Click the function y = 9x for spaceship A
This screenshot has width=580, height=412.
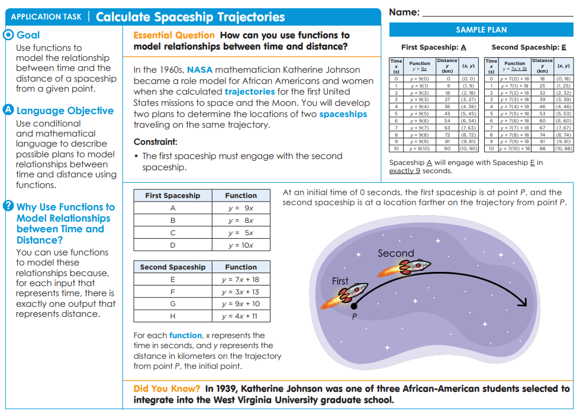(241, 208)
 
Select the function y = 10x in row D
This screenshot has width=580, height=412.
(241, 245)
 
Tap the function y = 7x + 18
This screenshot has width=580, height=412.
(240, 280)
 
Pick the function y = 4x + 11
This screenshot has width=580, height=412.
(240, 316)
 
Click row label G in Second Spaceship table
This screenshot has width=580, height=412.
(173, 304)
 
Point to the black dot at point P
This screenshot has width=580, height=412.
(354, 306)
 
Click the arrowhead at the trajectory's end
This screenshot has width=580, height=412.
(521, 302)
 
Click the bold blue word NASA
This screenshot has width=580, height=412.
(199, 70)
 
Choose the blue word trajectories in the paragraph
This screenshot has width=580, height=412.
(249, 92)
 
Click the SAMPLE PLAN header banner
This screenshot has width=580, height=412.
(481, 30)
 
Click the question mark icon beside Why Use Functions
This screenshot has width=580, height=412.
(8, 206)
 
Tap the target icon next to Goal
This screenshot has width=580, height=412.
(8, 35)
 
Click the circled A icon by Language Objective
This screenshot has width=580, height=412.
(8, 111)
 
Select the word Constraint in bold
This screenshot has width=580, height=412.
(155, 142)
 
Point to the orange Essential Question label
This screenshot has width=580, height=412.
(174, 35)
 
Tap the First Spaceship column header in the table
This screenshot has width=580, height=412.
(173, 196)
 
